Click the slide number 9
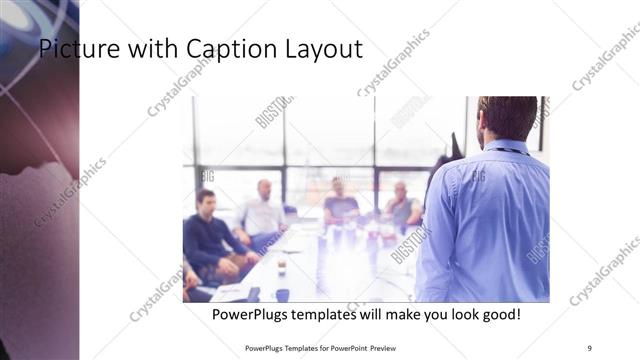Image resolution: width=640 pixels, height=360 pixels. pyautogui.click(x=589, y=347)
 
